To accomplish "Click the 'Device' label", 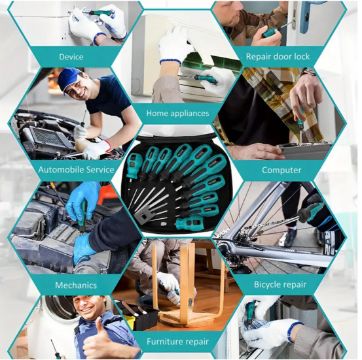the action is coord(71,57).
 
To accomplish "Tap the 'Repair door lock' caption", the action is coord(278,56).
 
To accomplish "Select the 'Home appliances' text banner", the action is coord(178,113).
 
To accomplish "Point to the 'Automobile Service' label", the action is coord(76,170).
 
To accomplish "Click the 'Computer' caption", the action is coord(281,170).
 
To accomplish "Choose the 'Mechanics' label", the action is coord(76,285).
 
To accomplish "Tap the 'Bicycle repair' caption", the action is coord(280,285).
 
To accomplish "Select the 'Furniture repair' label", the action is coord(178,342).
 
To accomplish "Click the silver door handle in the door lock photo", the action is coord(304,17).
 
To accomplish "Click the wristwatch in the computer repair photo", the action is coord(307,72).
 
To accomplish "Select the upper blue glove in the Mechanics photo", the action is coord(82,201).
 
